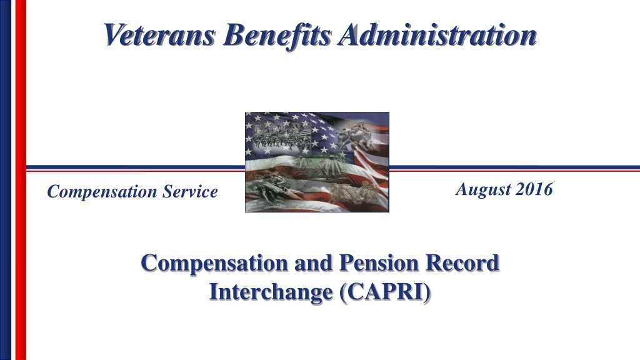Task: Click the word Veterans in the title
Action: [x=159, y=35]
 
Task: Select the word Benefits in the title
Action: [x=277, y=36]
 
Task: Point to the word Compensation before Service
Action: [x=102, y=192]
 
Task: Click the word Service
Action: [x=190, y=191]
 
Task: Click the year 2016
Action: [x=534, y=189]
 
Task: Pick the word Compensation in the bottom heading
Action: [x=215, y=263]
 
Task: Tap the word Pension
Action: [x=379, y=262]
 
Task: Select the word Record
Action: [x=462, y=262]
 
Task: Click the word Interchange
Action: [x=271, y=292]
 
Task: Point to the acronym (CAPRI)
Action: [x=385, y=292]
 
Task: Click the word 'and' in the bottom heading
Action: [x=314, y=262]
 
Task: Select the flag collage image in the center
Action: [x=317, y=162]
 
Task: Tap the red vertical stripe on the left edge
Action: [x=21, y=180]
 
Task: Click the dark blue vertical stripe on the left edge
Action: [x=6, y=180]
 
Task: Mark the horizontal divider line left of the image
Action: [x=136, y=167]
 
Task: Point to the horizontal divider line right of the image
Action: [x=515, y=167]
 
